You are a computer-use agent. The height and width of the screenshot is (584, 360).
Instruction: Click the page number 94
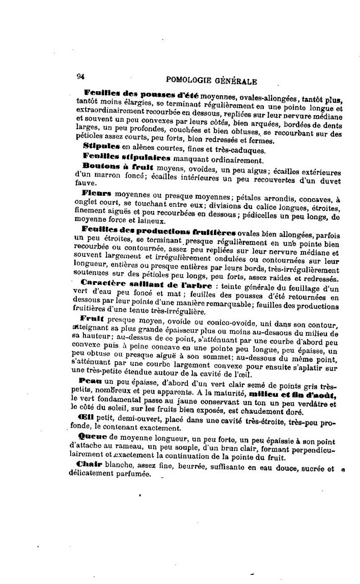[80, 76]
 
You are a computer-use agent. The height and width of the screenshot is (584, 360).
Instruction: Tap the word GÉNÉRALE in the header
[236, 81]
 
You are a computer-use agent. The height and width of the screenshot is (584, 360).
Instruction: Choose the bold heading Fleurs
[97, 194]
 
